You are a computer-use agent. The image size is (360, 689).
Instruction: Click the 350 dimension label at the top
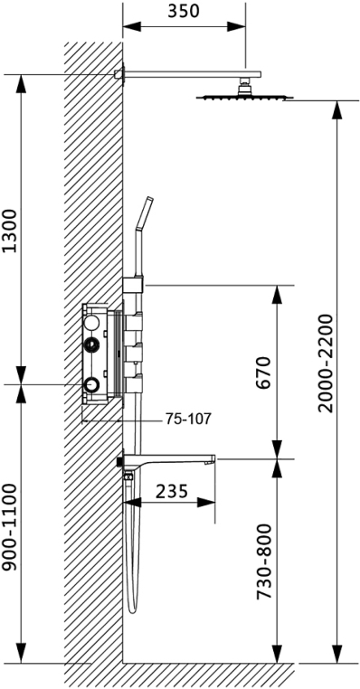tap(184, 11)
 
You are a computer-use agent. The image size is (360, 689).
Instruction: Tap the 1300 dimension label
tap(11, 231)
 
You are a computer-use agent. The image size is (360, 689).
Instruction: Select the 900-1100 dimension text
tap(9, 527)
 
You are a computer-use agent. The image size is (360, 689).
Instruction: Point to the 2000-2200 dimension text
tap(327, 363)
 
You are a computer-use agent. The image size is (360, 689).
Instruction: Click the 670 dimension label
tap(262, 373)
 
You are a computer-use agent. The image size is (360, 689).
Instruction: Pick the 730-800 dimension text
tap(264, 562)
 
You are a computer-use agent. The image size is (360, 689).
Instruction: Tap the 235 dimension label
tap(172, 490)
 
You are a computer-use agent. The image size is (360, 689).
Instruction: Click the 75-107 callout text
tap(188, 419)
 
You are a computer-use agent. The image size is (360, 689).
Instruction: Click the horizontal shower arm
tap(192, 75)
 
